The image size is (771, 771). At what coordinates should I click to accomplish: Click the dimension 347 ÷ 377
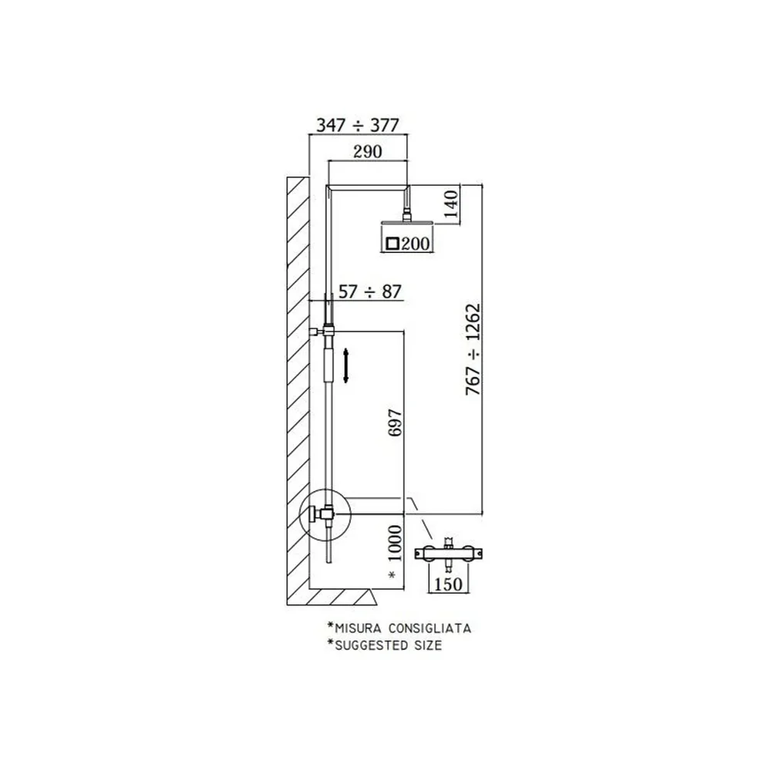tap(358, 126)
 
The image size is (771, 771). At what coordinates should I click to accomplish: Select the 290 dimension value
tap(367, 151)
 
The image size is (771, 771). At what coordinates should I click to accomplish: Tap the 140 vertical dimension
tap(451, 204)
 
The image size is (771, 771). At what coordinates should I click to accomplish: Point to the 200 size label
tap(416, 244)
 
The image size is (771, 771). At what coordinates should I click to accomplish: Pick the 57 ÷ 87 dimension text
tap(370, 291)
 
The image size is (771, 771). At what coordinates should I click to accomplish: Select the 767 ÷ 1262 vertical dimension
tap(473, 349)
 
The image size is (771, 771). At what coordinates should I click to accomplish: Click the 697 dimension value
tap(395, 422)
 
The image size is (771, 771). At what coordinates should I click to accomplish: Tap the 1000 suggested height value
tap(395, 544)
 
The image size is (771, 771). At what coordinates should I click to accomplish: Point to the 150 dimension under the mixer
tap(449, 584)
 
